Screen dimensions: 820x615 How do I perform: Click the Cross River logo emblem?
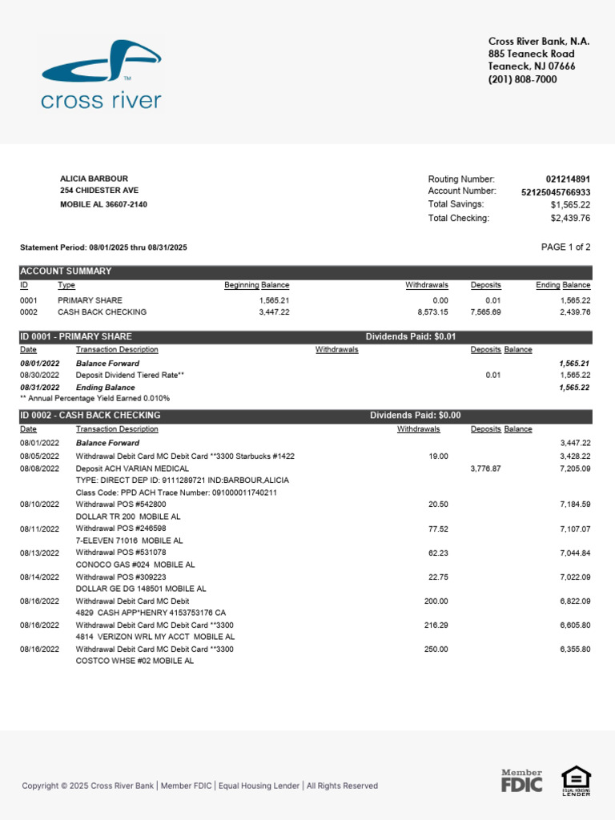point(102,62)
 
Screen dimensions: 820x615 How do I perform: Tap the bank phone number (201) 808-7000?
point(522,80)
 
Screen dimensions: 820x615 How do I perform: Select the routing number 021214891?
point(567,179)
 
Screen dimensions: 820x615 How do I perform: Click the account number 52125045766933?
point(556,192)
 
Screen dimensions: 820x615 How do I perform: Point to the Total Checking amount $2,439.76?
point(570,218)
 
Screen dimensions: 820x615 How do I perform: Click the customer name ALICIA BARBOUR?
point(94,179)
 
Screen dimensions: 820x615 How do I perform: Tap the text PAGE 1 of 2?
point(565,247)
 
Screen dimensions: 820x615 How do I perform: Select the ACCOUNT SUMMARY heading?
point(66,271)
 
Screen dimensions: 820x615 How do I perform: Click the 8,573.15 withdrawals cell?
point(431,312)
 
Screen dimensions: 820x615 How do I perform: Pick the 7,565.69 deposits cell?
point(485,312)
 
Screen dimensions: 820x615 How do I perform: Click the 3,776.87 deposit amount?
point(484,468)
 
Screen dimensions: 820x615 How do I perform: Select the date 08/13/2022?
point(39,553)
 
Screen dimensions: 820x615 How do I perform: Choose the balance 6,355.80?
point(574,649)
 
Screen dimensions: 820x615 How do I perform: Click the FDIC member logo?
point(522,782)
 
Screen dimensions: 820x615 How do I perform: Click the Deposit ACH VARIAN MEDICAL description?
point(132,468)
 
